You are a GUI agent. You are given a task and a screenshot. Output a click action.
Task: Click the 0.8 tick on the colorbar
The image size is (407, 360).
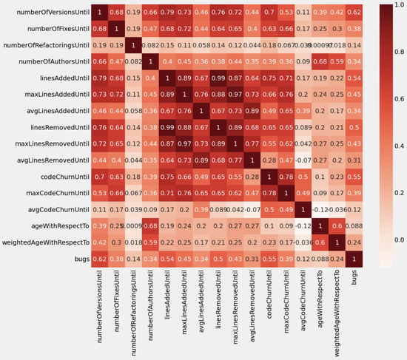click(x=395, y=52)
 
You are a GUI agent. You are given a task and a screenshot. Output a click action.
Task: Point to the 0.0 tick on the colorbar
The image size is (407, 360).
click(x=395, y=240)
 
